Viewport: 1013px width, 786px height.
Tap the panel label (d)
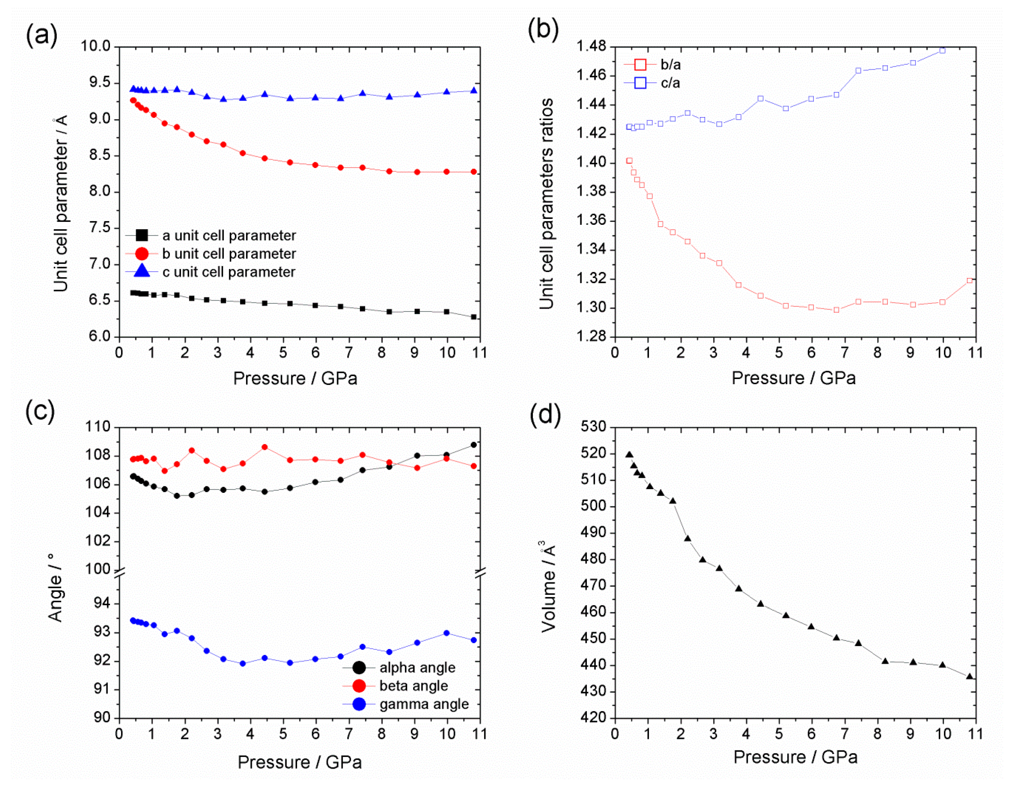pyautogui.click(x=545, y=414)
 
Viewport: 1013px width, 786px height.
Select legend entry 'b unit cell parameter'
pyautogui.click(x=229, y=254)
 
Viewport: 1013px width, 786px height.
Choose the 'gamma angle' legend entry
pyautogui.click(x=423, y=704)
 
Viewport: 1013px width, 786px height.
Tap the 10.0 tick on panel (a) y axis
pyautogui.click(x=96, y=46)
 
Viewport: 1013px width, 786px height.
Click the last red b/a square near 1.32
pyautogui.click(x=969, y=280)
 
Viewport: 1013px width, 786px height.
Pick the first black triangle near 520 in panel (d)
pyautogui.click(x=629, y=455)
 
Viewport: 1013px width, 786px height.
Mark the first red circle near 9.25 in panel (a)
pyautogui.click(x=133, y=100)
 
